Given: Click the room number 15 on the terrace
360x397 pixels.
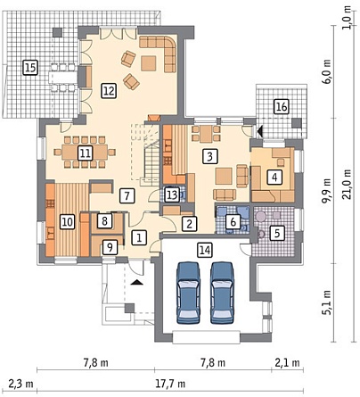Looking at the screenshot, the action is pos(30,67).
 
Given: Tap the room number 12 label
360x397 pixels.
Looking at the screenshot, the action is pos(109,90).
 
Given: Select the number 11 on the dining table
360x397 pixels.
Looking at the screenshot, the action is pos(86,153).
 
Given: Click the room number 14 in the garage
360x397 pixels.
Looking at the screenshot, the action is pos(205,250).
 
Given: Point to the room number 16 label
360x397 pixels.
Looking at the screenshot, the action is pos(282,106).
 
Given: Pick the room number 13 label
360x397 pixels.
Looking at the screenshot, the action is pos(172,194).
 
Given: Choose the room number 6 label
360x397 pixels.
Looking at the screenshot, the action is pos(233,221).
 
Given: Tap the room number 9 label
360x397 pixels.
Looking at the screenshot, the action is pos(110,247).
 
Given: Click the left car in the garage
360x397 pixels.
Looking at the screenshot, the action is pos(188,293).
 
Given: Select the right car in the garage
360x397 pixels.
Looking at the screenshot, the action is pos(222,293).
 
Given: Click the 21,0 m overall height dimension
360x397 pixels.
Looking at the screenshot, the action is pos(348,184).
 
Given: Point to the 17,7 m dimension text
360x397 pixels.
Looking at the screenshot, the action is pos(170,384).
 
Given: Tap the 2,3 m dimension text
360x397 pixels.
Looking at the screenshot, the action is pos(20,384).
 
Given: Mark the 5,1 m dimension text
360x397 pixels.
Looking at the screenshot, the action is pos(327,302).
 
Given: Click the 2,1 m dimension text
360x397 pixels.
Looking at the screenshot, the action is pos(287,363).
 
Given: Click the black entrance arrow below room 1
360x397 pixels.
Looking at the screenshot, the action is pos(137,282).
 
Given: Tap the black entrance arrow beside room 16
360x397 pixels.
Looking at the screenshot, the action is pos(260,131).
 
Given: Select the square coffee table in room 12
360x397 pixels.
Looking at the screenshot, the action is pos(149,63).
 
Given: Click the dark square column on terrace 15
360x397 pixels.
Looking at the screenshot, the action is pos(58,32).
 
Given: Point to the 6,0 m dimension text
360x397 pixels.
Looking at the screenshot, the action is pos(327,71).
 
